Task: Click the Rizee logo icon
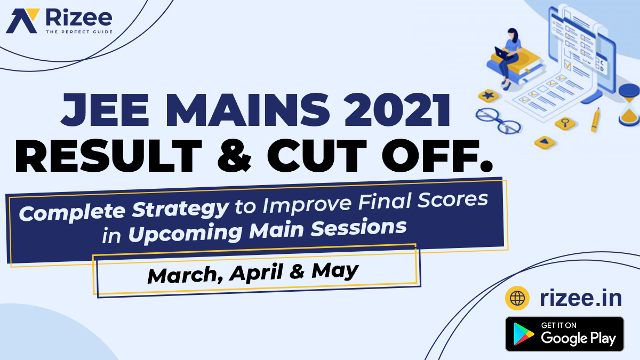(22, 21)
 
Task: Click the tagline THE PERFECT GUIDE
(79, 31)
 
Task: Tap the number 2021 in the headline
(397, 110)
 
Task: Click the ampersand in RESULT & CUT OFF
(234, 156)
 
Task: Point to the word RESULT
(109, 156)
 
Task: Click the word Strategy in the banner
(181, 210)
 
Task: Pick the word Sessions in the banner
(358, 228)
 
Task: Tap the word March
(186, 275)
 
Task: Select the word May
(335, 270)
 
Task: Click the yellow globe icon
(517, 298)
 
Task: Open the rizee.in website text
(581, 299)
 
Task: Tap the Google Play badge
(565, 334)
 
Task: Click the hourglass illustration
(629, 105)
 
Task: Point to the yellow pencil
(595, 119)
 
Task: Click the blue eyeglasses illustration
(498, 121)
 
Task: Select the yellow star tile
(489, 95)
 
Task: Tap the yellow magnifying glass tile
(565, 123)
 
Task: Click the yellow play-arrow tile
(545, 142)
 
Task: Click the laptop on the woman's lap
(502, 54)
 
